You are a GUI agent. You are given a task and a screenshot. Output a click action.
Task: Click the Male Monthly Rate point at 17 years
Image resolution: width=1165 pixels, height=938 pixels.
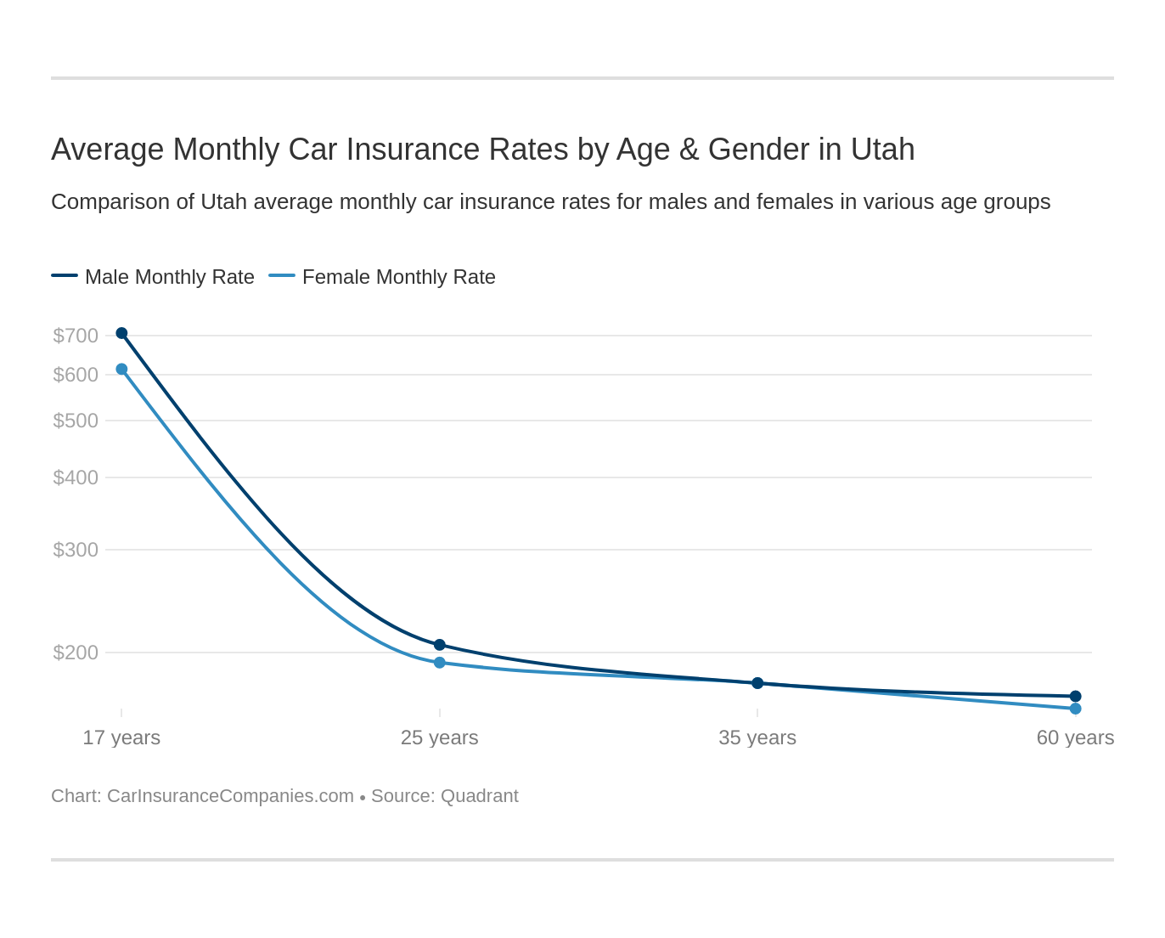coord(121,333)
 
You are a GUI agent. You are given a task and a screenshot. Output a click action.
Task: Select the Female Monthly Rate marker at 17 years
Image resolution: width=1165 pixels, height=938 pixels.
coord(121,369)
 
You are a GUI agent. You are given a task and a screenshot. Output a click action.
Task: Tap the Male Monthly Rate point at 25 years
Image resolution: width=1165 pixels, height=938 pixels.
coord(440,645)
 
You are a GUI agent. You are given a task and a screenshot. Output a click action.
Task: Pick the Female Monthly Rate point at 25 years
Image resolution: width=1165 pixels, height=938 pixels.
coord(440,663)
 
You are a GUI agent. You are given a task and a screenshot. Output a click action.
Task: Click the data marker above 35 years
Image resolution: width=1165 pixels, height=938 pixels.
coord(757,683)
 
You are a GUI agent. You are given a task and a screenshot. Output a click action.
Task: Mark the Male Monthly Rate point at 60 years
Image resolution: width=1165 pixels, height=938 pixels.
coord(1075,696)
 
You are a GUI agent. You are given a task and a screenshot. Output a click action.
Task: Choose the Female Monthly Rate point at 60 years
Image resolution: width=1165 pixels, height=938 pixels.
coord(1075,709)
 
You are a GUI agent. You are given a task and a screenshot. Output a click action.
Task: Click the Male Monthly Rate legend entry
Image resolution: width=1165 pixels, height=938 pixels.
coord(153,277)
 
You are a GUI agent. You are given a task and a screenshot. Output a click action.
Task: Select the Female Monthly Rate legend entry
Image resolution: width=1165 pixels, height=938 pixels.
coord(382,277)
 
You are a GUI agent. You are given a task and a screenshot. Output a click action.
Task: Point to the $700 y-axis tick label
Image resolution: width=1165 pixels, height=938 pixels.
coord(76,336)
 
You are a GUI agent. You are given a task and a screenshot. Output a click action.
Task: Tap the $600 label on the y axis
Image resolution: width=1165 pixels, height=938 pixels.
coord(76,375)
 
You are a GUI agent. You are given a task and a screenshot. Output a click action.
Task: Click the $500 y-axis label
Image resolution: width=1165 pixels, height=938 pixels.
coord(76,421)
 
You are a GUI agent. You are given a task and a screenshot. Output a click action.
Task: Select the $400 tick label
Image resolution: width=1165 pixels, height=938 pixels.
coord(76,477)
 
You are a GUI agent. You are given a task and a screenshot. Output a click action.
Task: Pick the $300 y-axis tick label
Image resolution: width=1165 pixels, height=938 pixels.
coord(76,550)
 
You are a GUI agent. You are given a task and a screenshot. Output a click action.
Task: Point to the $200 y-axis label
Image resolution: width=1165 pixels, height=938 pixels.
coord(76,653)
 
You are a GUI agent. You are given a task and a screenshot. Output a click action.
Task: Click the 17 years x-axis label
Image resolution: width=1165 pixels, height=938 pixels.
coord(121,737)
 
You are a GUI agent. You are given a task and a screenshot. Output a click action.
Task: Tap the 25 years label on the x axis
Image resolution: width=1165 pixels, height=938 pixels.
coord(440,737)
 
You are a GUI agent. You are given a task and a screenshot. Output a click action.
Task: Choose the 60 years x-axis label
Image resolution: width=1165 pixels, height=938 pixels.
coord(1075,737)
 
